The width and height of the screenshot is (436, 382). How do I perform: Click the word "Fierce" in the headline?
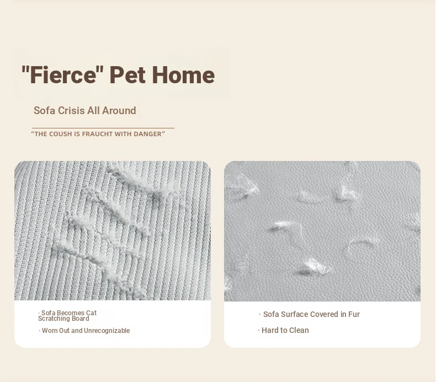coord(62,75)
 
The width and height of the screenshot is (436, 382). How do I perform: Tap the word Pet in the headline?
coord(127,75)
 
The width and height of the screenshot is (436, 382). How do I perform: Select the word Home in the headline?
coord(184,75)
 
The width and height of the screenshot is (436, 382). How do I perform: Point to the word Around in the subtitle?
coord(119,111)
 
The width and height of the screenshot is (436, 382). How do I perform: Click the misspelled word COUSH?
coord(61,134)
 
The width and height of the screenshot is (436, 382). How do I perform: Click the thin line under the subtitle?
coord(103,128)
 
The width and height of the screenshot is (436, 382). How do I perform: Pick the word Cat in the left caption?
coord(91,313)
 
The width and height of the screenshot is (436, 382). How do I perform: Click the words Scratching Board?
coord(63,319)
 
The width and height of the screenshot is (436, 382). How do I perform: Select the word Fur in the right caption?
coord(354,314)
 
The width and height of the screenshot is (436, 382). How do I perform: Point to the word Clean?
coord(299,330)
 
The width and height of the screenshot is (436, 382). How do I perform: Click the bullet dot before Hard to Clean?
coord(259,330)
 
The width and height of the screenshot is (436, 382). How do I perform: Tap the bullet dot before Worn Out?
coord(40,331)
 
